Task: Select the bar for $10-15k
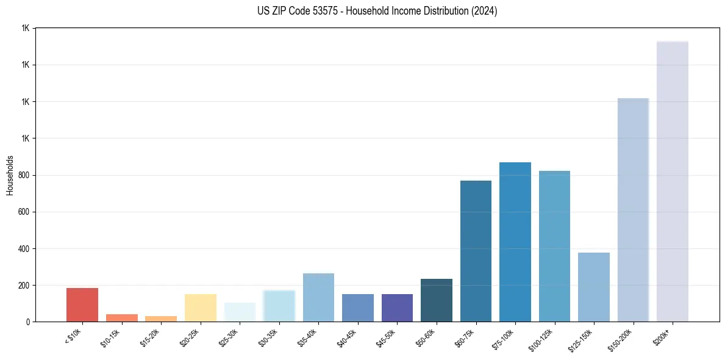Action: (x=121, y=318)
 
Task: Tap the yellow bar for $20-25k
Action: (x=200, y=308)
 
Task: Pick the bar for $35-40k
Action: (x=318, y=298)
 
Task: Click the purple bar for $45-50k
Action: (x=397, y=308)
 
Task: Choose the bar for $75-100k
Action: (x=515, y=242)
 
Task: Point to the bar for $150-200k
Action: (x=633, y=210)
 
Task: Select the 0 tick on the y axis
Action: (x=27, y=322)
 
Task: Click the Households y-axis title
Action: (x=10, y=175)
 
